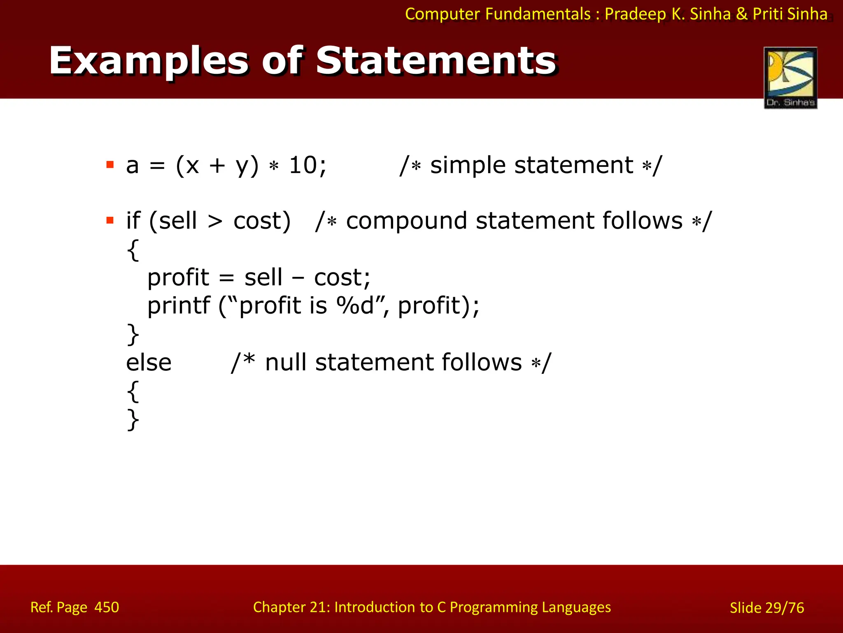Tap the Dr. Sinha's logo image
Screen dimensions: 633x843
click(x=790, y=77)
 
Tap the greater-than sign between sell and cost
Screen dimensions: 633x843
click(x=215, y=222)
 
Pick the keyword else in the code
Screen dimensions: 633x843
click(x=149, y=363)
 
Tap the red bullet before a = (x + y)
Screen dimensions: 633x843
click(x=110, y=165)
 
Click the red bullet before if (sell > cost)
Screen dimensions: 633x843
click(x=110, y=220)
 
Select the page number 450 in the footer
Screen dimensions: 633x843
click(x=107, y=607)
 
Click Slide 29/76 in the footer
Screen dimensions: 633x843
click(x=766, y=607)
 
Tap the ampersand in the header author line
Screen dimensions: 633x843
click(x=741, y=14)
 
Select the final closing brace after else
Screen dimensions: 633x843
click(x=133, y=420)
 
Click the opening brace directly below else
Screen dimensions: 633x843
click(x=133, y=392)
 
